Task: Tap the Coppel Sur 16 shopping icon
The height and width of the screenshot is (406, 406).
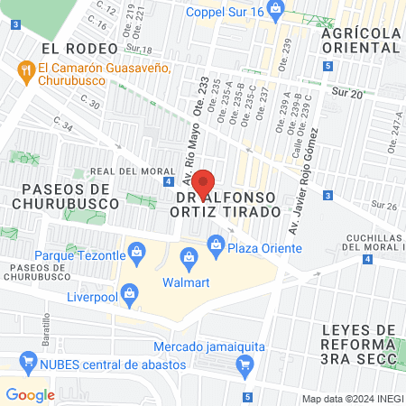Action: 276,13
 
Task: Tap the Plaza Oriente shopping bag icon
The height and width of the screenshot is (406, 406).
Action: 216,243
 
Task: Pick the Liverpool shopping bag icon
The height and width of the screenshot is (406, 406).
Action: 131,293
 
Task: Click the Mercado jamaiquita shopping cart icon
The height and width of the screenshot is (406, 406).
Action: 243,364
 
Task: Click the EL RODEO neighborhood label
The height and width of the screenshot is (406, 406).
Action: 79,47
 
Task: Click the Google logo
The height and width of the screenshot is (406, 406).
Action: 30,394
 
